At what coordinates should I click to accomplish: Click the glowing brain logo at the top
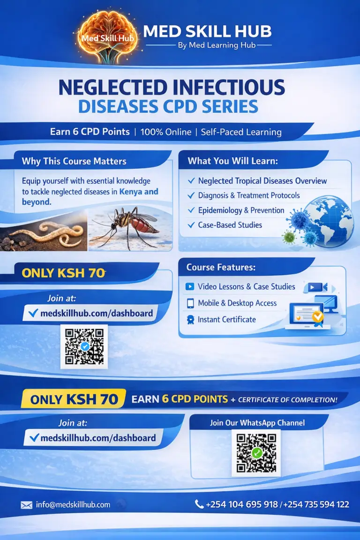pyautogui.click(x=108, y=35)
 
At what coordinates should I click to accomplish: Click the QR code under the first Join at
pyautogui.click(x=84, y=346)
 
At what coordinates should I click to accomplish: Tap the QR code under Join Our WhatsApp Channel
pyautogui.click(x=256, y=453)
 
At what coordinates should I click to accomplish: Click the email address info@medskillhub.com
pyautogui.click(x=73, y=505)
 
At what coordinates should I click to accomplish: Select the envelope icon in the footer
pyautogui.click(x=26, y=505)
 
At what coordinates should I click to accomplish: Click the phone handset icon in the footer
pyautogui.click(x=199, y=504)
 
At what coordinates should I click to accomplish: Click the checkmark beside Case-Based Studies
pyautogui.click(x=191, y=225)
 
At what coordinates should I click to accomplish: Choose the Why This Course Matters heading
pyautogui.click(x=74, y=161)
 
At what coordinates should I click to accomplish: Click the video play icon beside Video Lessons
pyautogui.click(x=190, y=286)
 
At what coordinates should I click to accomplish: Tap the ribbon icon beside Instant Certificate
pyautogui.click(x=190, y=320)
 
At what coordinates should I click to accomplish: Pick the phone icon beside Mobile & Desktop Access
pyautogui.click(x=190, y=303)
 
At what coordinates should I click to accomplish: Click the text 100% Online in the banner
pyautogui.click(x=166, y=132)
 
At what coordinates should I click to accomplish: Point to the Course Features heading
pyautogui.click(x=221, y=267)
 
